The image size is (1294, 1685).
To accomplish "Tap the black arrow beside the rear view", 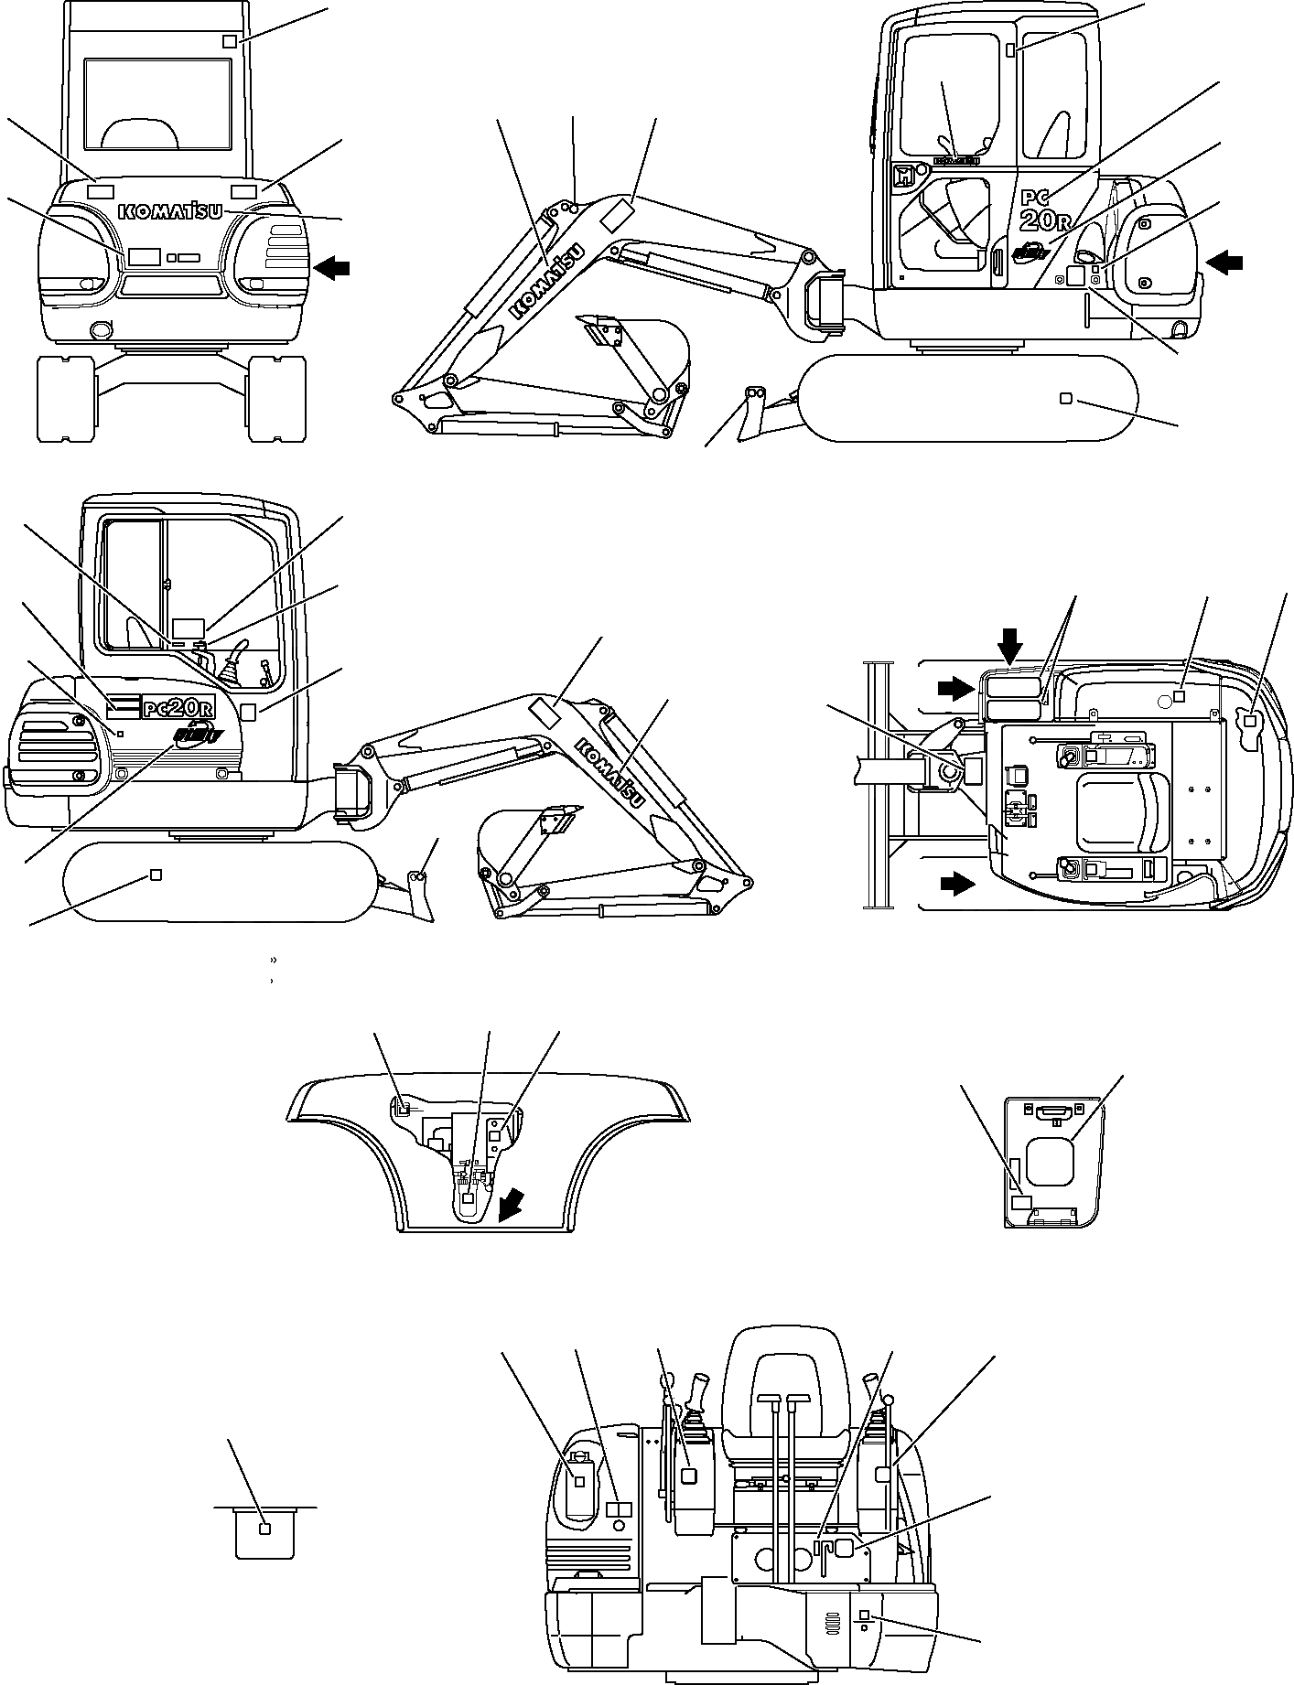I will pos(331,267).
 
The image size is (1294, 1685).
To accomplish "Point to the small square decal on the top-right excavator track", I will pos(1064,398).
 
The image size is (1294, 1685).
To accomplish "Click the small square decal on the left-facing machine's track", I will pos(156,875).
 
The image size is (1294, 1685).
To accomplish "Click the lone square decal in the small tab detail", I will pos(264,1529).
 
